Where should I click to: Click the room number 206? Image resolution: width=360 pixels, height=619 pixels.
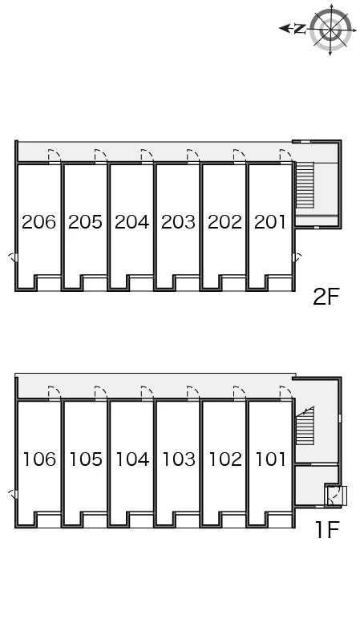pyautogui.click(x=38, y=222)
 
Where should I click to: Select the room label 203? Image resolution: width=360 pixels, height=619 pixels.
pyautogui.click(x=179, y=222)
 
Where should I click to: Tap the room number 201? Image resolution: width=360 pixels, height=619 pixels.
pyautogui.click(x=270, y=222)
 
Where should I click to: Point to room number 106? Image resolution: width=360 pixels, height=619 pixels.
pyautogui.click(x=40, y=459)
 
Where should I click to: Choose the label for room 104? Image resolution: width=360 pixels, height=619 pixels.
pyautogui.click(x=132, y=459)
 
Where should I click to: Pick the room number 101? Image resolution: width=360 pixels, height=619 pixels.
pyautogui.click(x=271, y=459)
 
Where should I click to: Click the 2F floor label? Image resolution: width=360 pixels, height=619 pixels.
pyautogui.click(x=326, y=297)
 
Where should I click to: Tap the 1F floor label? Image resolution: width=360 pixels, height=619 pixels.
pyautogui.click(x=327, y=530)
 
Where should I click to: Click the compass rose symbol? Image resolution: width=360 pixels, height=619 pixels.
pyautogui.click(x=331, y=29)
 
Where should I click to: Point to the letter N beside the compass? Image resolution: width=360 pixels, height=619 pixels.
pyautogui.click(x=301, y=29)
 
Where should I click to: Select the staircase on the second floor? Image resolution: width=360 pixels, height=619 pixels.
pyautogui.click(x=305, y=184)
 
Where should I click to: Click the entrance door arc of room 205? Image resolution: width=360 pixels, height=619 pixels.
pyautogui.click(x=101, y=155)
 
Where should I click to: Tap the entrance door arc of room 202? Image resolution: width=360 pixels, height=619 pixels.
pyautogui.click(x=240, y=155)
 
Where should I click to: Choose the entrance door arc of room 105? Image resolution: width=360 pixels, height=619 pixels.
pyautogui.click(x=101, y=392)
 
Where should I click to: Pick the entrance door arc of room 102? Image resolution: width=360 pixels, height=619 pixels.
pyautogui.click(x=240, y=392)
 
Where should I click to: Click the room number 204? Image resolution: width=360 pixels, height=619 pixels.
pyautogui.click(x=131, y=222)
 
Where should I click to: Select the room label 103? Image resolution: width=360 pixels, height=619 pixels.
pyautogui.click(x=179, y=459)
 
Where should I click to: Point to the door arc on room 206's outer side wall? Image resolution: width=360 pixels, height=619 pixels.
pyautogui.click(x=12, y=257)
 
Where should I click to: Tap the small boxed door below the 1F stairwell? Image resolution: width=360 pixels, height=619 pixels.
pyautogui.click(x=335, y=496)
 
